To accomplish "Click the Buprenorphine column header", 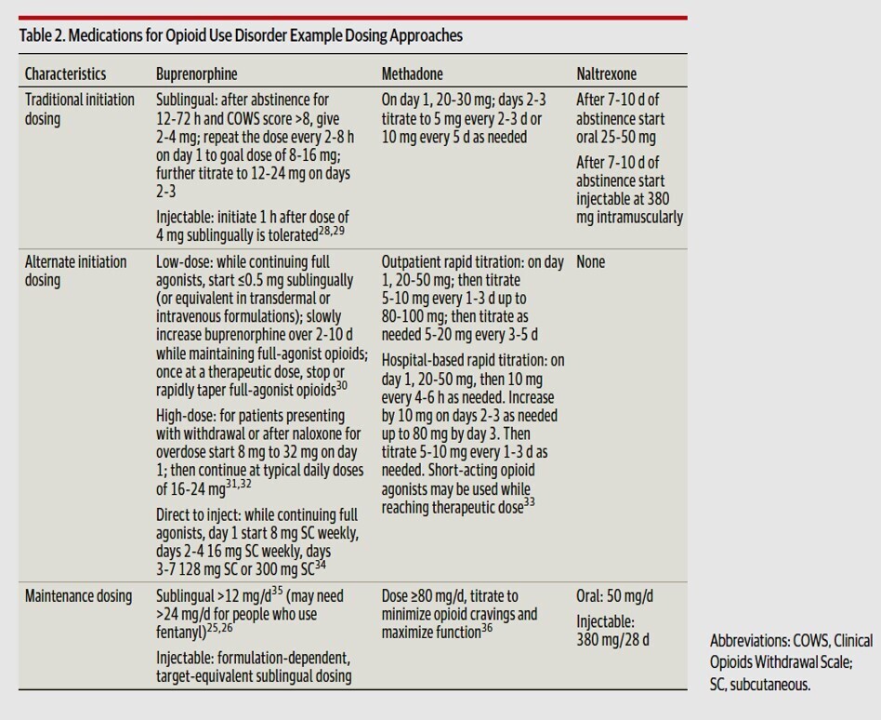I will (196, 73).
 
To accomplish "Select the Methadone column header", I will (412, 73).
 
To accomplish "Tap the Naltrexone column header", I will (606, 73).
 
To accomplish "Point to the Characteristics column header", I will (65, 73).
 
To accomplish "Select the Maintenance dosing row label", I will (78, 595).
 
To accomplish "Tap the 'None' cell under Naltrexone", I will (590, 262).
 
